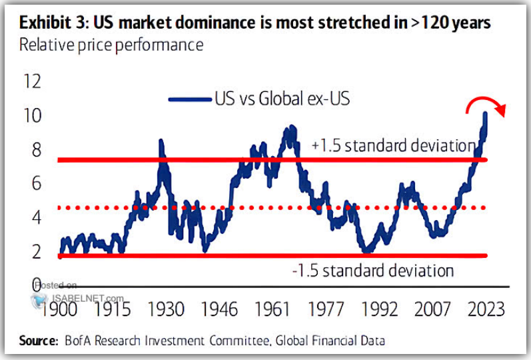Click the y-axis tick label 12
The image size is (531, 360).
tap(31, 82)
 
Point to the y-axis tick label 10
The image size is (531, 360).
tap(31, 116)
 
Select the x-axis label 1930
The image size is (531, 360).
tap(165, 310)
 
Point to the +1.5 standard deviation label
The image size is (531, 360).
tap(393, 147)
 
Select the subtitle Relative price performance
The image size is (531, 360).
tap(111, 45)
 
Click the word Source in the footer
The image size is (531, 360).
tap(37, 341)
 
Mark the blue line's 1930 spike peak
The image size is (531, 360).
tap(161, 141)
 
